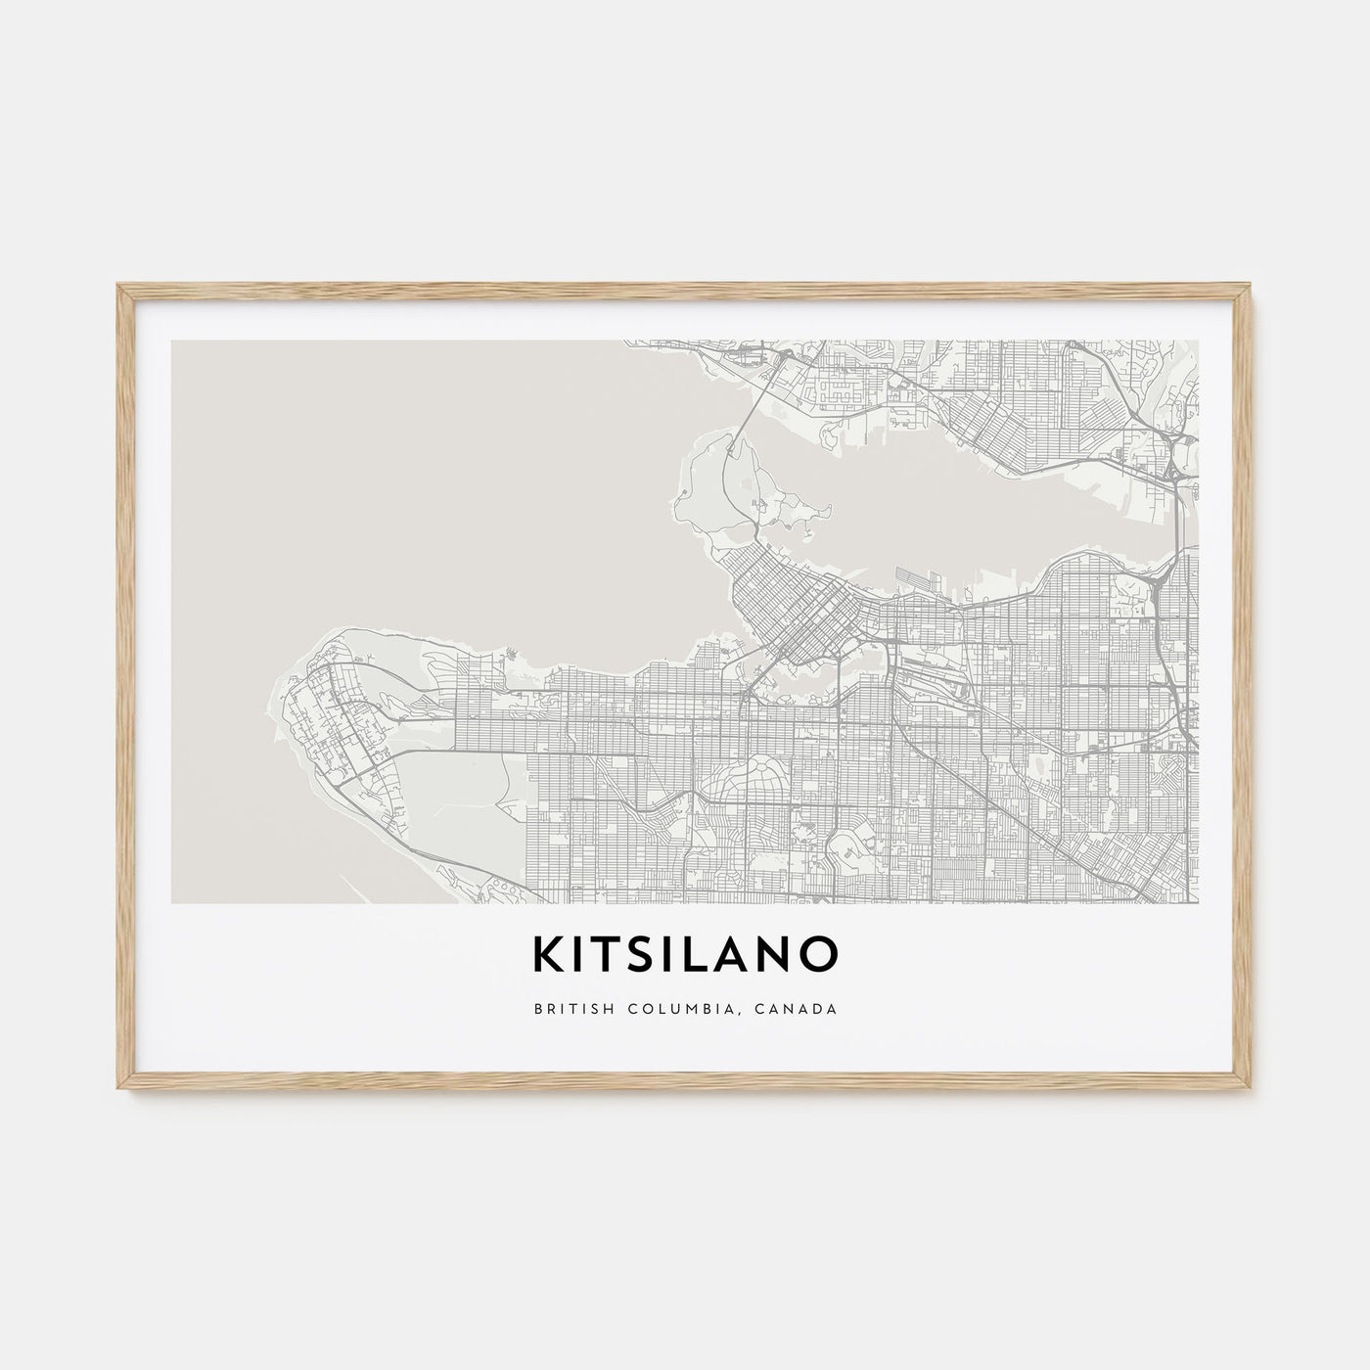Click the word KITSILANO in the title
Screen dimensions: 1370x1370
tap(685, 954)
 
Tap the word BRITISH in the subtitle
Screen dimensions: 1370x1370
tap(568, 1008)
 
